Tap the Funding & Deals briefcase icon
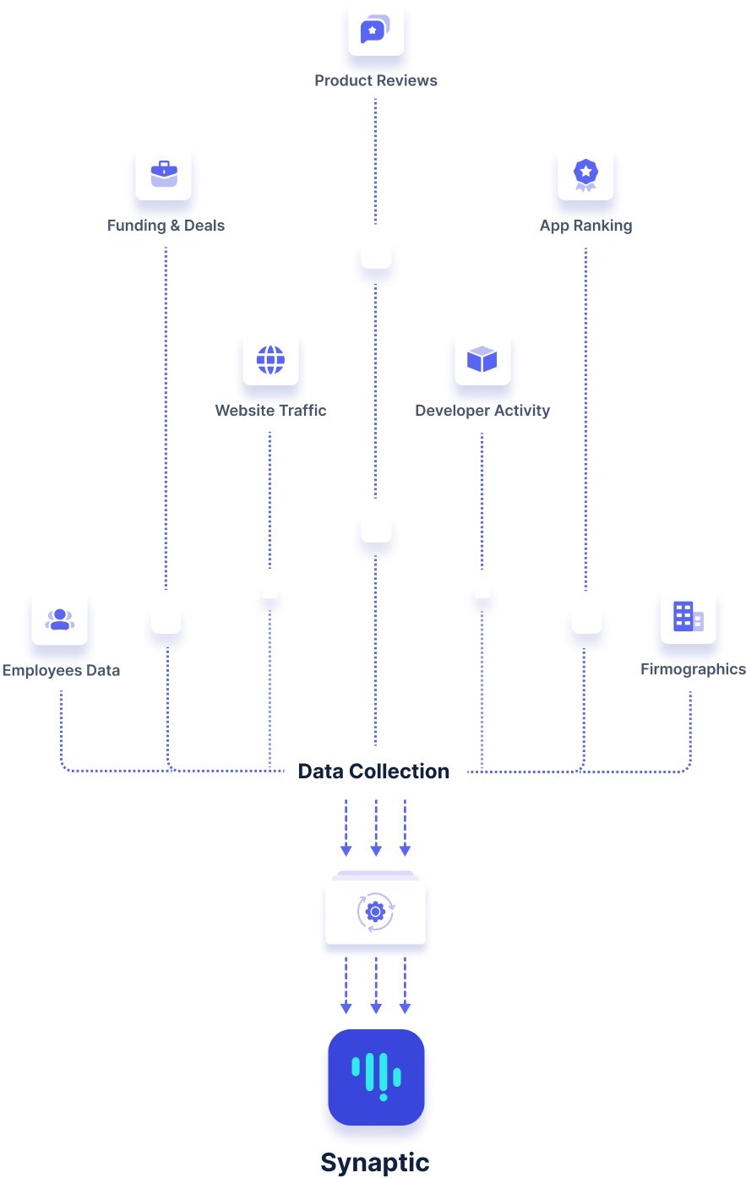coord(164,174)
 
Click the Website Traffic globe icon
coord(270,359)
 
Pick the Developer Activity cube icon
coord(482,359)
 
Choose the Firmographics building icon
coord(688,617)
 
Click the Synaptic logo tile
coord(376,1077)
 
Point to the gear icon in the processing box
coord(376,912)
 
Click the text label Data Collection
coord(373,771)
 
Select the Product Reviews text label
coord(376,81)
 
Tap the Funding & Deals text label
coord(166,226)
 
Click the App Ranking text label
coord(585,226)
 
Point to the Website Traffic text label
coord(270,411)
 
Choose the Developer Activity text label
coord(482,411)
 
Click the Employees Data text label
coord(61,671)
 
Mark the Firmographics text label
coord(693,669)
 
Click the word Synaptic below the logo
coord(375,1162)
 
